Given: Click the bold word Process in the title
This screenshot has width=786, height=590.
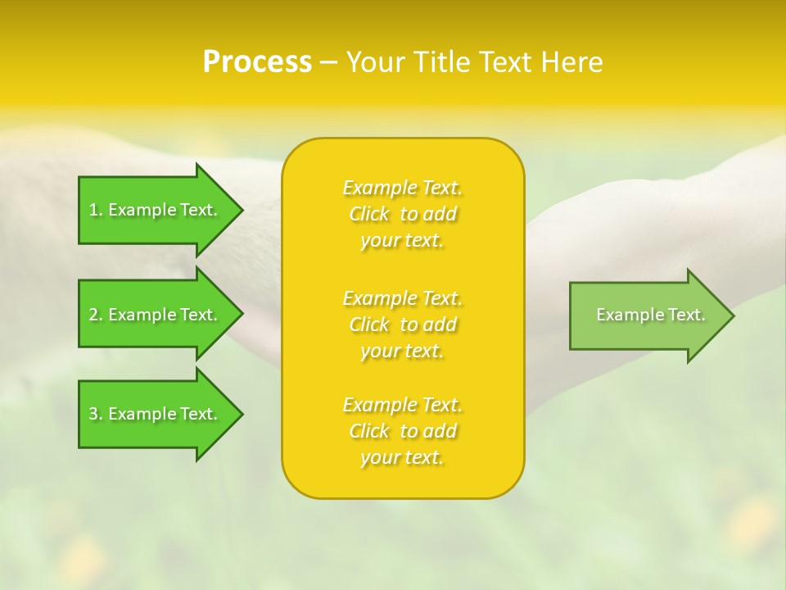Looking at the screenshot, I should (257, 62).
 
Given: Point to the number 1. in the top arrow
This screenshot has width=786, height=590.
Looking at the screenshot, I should (96, 210).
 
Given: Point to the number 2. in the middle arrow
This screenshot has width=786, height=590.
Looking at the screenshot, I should (96, 315).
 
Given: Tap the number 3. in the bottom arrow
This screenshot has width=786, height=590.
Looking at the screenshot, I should (96, 414).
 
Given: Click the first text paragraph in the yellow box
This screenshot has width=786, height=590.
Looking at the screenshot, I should (403, 214).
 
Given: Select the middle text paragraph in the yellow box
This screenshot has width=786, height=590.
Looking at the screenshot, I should (403, 324).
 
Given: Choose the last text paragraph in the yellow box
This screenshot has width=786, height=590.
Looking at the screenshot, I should (403, 431).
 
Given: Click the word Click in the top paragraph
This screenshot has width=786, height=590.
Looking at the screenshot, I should (369, 214).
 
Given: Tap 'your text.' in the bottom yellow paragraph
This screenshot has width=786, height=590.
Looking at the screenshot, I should (402, 458).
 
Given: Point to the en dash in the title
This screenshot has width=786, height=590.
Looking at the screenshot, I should (328, 63).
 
